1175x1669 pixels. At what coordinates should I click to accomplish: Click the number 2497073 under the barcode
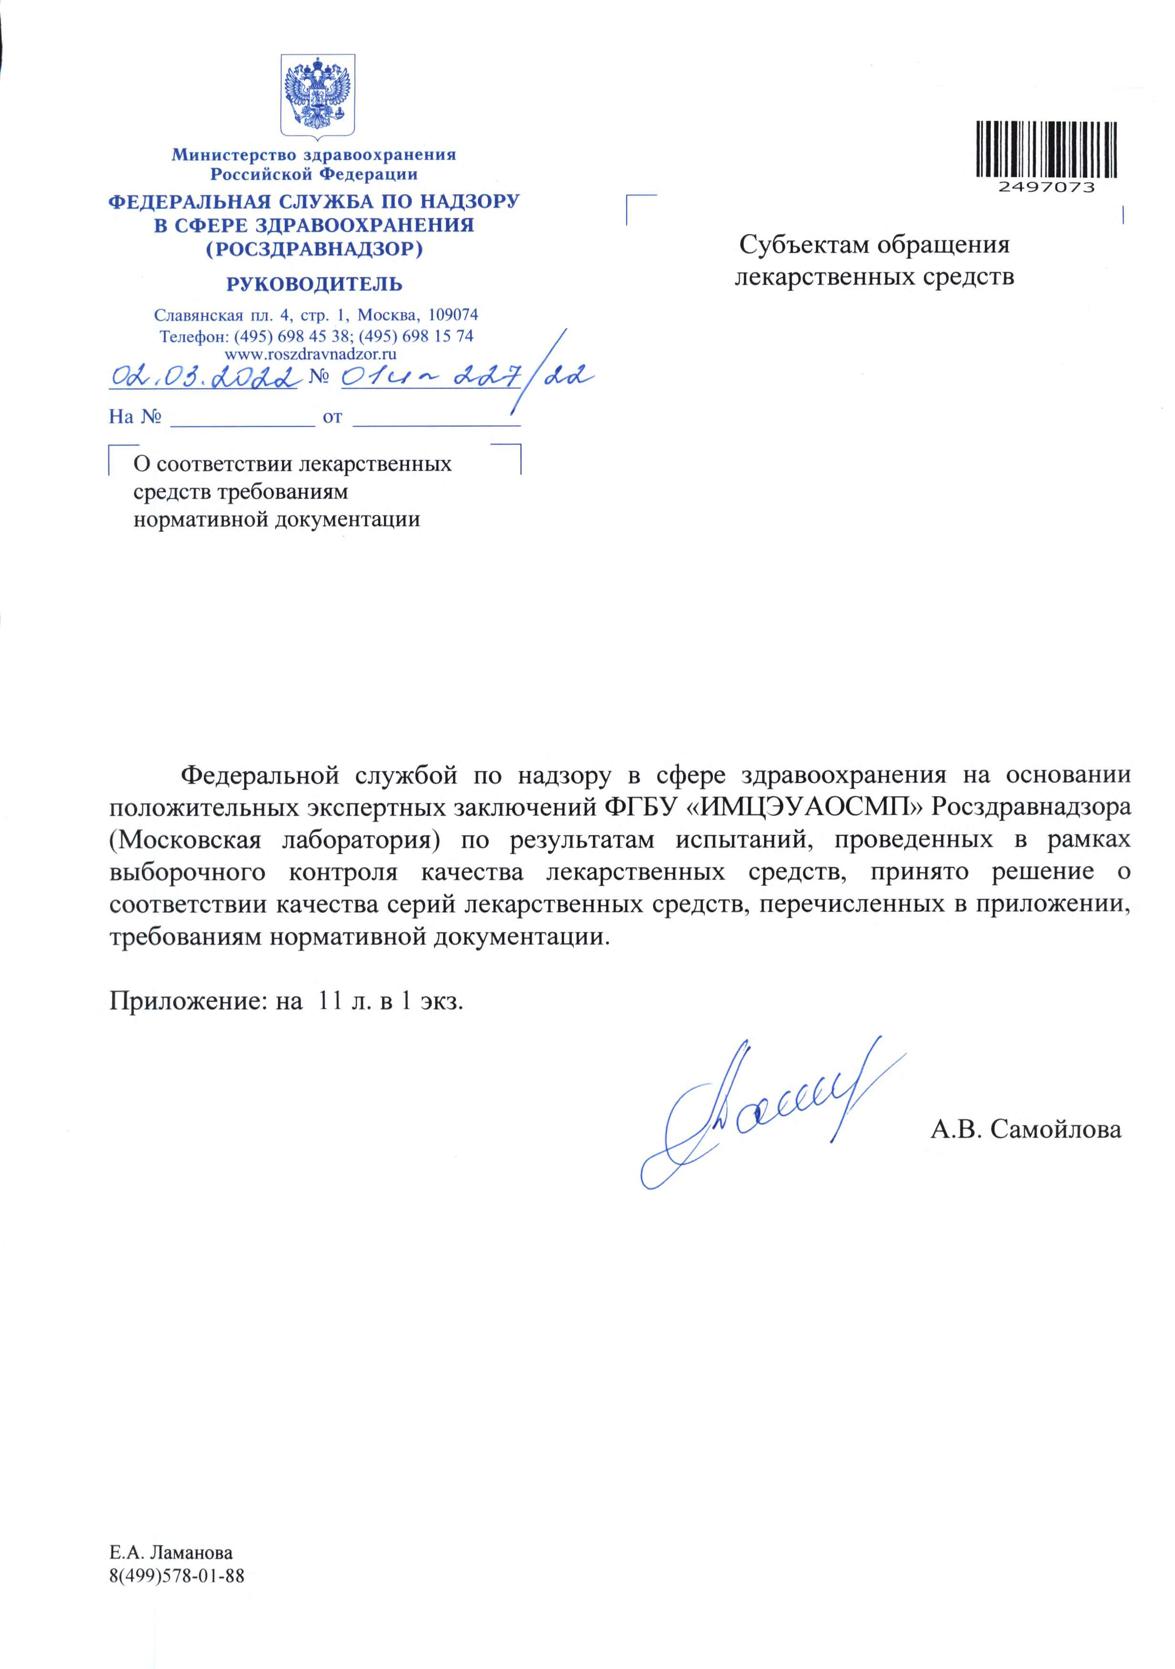click(x=1046, y=187)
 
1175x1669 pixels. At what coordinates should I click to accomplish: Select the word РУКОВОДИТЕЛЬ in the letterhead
click(x=314, y=284)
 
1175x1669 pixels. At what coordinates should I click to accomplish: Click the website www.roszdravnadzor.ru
click(x=310, y=355)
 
